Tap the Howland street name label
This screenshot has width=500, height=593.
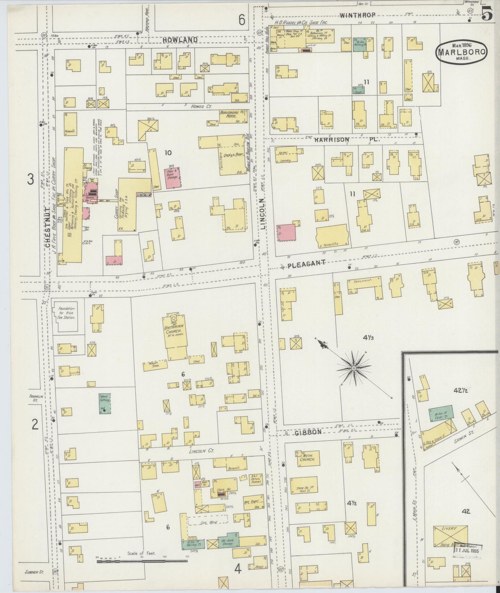tap(180, 40)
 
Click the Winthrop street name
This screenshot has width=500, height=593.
tap(357, 15)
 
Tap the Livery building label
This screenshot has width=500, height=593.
tap(449, 529)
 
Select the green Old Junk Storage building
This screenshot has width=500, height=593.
tap(228, 542)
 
